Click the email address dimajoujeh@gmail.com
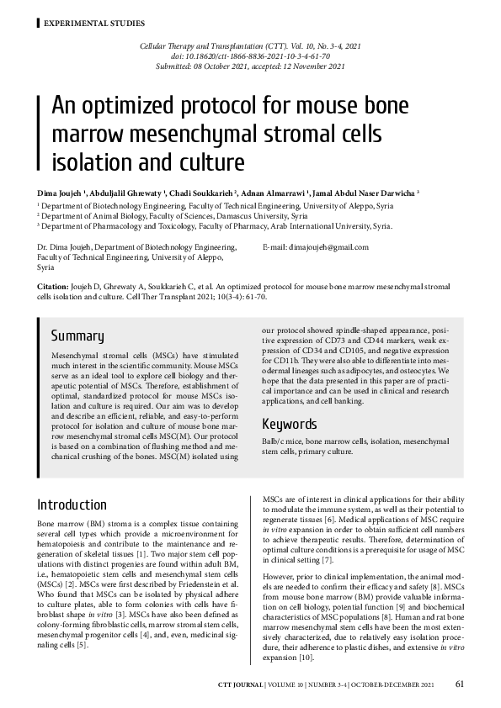pos(329,247)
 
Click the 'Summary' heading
pos(77,336)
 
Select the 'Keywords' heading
pos(290,424)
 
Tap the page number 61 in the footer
pos(459,684)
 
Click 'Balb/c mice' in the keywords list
pos(282,441)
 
